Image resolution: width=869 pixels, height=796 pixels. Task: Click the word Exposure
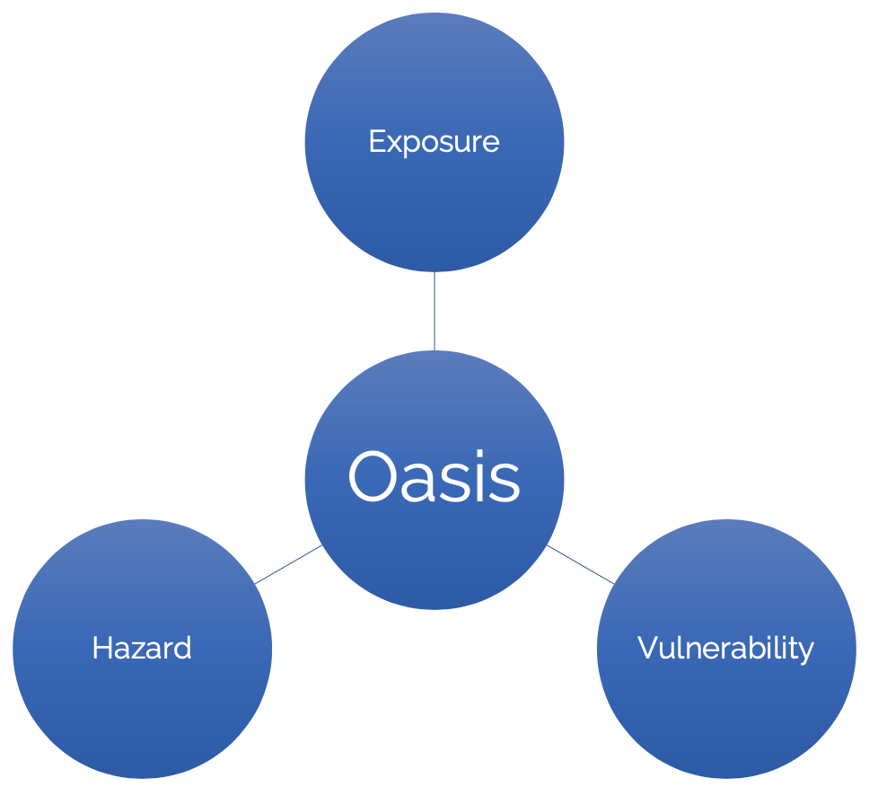(x=434, y=142)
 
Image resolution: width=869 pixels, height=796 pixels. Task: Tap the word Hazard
(x=142, y=648)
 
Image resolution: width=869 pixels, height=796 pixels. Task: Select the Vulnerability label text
(x=725, y=648)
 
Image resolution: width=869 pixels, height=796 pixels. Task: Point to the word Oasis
(x=434, y=478)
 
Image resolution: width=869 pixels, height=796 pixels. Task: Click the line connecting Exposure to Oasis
(x=434, y=311)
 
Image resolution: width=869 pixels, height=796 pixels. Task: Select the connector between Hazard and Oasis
(x=288, y=564)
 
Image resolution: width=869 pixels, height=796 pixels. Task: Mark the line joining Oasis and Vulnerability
(x=581, y=564)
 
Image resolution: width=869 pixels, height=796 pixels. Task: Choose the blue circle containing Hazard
(x=142, y=710)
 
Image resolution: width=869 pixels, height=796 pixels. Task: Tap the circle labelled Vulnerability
(x=725, y=710)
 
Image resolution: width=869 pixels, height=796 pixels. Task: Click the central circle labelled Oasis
(x=434, y=557)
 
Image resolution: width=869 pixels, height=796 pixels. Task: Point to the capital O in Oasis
(x=372, y=477)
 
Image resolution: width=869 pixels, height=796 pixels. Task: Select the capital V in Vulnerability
(x=647, y=648)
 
